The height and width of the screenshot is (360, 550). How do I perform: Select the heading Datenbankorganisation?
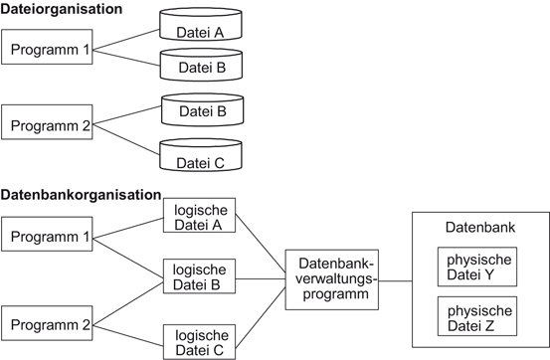point(81,194)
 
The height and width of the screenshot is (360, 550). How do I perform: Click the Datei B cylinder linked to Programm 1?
point(207,65)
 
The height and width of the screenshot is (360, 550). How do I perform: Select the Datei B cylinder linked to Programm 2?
point(207,109)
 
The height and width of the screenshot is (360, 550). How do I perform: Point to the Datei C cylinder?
point(207,159)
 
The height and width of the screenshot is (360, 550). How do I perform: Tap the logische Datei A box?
point(199,217)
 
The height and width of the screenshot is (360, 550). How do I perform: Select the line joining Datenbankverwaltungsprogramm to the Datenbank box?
point(395,279)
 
